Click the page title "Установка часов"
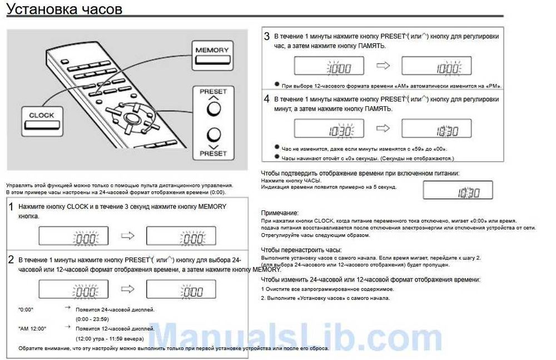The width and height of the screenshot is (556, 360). (x=64, y=9)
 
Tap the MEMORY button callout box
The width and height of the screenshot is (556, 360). (x=212, y=55)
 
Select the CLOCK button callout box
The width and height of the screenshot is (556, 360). (x=42, y=120)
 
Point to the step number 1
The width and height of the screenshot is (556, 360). (x=11, y=208)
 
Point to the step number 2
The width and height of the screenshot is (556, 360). (x=11, y=260)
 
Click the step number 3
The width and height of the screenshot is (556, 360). (x=267, y=37)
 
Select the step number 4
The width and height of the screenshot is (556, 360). (x=267, y=99)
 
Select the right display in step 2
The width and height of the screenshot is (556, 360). (x=181, y=289)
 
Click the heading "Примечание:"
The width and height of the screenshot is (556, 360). (x=280, y=213)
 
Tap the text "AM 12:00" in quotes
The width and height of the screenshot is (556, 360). (x=33, y=329)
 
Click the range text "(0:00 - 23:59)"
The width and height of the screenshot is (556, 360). (x=92, y=319)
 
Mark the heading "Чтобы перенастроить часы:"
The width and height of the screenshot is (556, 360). (x=301, y=250)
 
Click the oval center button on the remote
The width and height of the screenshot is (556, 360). (x=132, y=119)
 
